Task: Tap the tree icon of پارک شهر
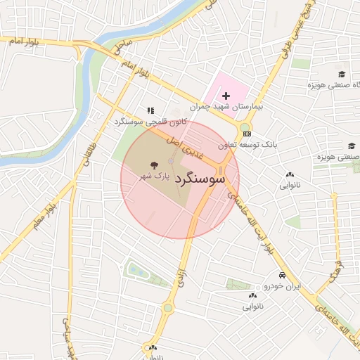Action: point(154,165)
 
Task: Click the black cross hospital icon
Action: point(226,96)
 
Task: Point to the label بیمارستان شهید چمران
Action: point(227,108)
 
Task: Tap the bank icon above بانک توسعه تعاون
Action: point(245,133)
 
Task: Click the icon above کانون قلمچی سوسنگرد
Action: point(150,110)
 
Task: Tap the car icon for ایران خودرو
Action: point(281,275)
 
